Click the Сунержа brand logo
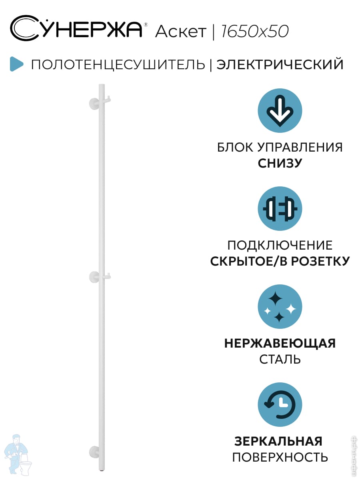coord(76,29)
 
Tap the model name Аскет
coord(180,32)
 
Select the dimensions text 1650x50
coord(254,32)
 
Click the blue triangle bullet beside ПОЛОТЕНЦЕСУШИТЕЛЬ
coord(16,64)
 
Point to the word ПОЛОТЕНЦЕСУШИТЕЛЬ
coord(118,64)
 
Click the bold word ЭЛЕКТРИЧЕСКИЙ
coord(280,64)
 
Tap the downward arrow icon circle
coord(280,111)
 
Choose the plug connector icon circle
coord(280,209)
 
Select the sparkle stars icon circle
coord(280,307)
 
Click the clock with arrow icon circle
coord(280,405)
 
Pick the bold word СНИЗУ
coord(280,163)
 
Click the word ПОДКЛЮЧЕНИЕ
coord(280,245)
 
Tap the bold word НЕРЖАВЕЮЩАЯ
coord(280,343)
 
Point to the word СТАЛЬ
coord(280,359)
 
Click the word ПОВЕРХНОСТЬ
coord(280,457)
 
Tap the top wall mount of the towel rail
coord(94,103)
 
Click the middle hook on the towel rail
coord(107,275)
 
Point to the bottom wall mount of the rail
coord(94,451)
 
